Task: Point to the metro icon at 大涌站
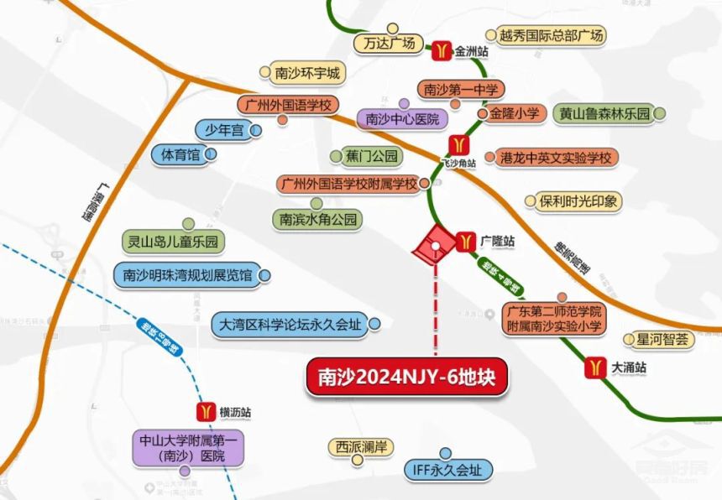point(594,367)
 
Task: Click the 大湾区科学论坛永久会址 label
point(288,323)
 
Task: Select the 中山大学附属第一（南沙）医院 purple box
point(188,447)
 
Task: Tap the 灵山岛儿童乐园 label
point(173,243)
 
